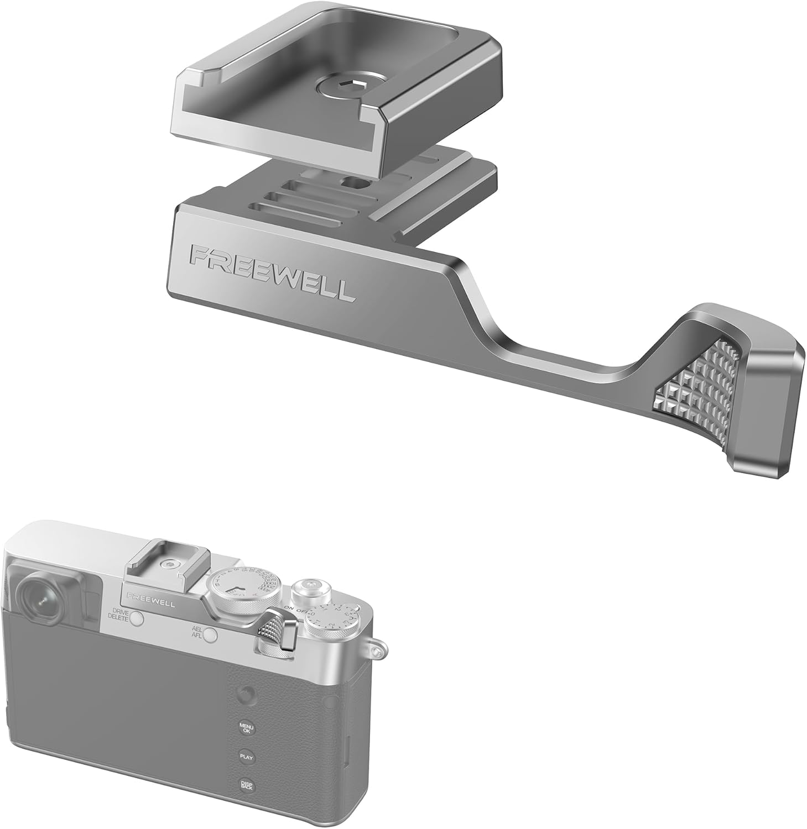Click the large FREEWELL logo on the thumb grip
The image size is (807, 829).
(x=270, y=274)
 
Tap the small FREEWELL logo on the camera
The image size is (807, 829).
(x=150, y=601)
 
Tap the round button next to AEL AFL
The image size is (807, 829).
(x=209, y=636)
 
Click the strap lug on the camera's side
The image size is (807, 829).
(x=378, y=644)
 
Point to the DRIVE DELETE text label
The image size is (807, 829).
(x=118, y=616)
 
